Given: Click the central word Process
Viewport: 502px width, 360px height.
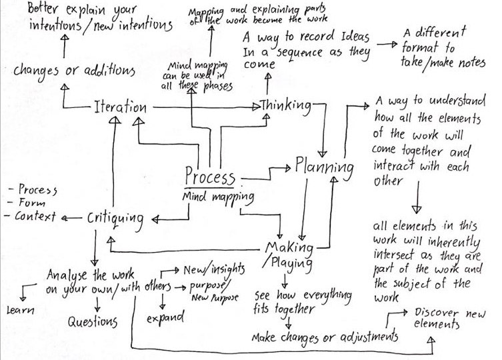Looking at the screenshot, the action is tap(210, 177).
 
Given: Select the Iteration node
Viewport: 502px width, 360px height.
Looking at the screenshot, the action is tap(119, 107).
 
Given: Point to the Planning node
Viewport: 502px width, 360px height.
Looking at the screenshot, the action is tap(324, 165).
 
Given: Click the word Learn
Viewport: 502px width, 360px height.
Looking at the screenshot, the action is tap(19, 310).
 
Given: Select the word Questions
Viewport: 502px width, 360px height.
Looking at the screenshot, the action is tap(93, 322).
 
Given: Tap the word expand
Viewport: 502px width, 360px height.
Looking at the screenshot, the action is tap(165, 317).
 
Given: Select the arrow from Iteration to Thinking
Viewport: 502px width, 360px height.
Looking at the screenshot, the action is tap(200, 106).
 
